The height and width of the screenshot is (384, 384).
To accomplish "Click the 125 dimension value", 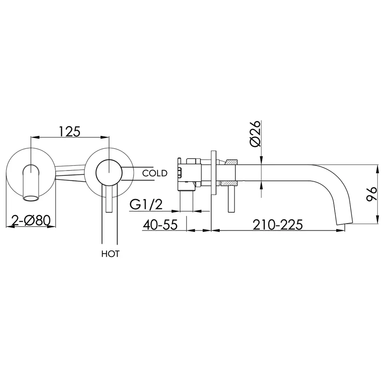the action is (x=70, y=131).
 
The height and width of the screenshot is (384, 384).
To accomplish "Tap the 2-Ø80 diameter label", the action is (x=31, y=220).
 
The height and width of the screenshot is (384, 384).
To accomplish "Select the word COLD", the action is (x=155, y=173).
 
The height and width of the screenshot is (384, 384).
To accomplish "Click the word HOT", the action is (x=111, y=254).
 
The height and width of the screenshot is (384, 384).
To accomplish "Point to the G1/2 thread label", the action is (x=146, y=204).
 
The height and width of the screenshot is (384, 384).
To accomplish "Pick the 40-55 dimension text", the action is (x=160, y=224).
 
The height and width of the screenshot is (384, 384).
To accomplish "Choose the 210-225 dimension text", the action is (x=278, y=224).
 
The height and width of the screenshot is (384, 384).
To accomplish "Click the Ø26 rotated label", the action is (x=255, y=134).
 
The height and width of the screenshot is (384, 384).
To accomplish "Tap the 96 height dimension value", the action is (x=371, y=194).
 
